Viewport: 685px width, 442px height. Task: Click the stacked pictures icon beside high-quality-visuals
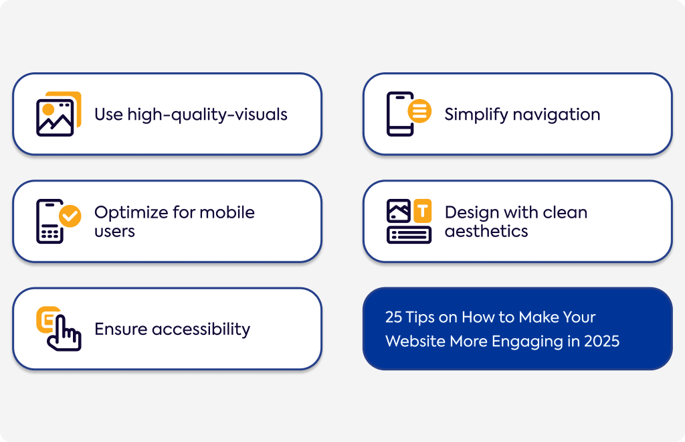pos(59,114)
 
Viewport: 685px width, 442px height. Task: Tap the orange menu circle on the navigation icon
pos(419,110)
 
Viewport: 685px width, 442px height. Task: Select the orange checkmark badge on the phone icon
pos(70,216)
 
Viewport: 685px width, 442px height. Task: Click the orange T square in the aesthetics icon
pos(423,211)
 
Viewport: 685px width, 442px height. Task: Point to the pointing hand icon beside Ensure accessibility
pos(59,329)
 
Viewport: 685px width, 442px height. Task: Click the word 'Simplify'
pos(476,115)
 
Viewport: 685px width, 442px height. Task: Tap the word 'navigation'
pos(557,115)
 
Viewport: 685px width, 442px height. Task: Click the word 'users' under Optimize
pos(114,232)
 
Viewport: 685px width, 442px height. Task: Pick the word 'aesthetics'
pos(486,231)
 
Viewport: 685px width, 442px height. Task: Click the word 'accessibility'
pos(201,329)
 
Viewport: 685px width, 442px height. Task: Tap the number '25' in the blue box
pos(393,317)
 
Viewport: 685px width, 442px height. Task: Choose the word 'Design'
pos(472,213)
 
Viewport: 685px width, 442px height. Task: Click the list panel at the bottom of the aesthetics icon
pos(409,235)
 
